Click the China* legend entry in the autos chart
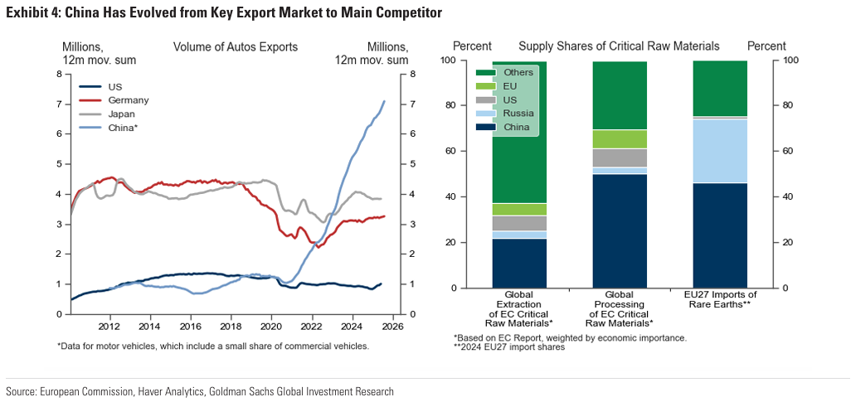tap(122, 127)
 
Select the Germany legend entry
tap(128, 100)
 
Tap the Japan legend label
tap(122, 114)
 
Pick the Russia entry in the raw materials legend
tap(518, 113)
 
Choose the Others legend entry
tap(518, 73)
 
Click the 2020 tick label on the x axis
tap(272, 327)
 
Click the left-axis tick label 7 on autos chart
tap(59, 104)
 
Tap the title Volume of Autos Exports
tap(235, 47)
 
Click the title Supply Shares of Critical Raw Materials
tap(619, 46)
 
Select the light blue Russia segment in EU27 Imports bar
tap(720, 151)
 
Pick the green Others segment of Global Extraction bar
tap(519, 166)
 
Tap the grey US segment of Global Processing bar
tap(620, 157)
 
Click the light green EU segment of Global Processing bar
tap(620, 138)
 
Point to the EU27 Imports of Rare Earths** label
tap(720, 300)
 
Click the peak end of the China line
tap(385, 101)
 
